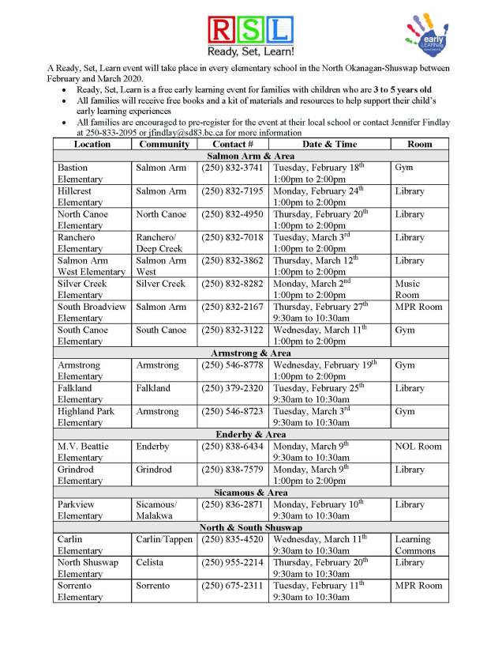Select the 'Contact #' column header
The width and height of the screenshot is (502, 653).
[x=233, y=145]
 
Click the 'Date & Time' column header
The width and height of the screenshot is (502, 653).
[x=329, y=145]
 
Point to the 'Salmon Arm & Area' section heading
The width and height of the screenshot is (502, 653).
[x=251, y=157]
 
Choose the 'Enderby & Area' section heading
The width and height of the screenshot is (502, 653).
[x=251, y=435]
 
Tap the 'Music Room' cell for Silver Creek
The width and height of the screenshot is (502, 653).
[x=407, y=289]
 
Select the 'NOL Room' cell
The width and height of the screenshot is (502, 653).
[x=418, y=447]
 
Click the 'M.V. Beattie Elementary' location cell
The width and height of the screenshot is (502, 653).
[x=83, y=452]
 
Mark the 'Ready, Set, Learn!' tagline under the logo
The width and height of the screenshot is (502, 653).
[x=251, y=51]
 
